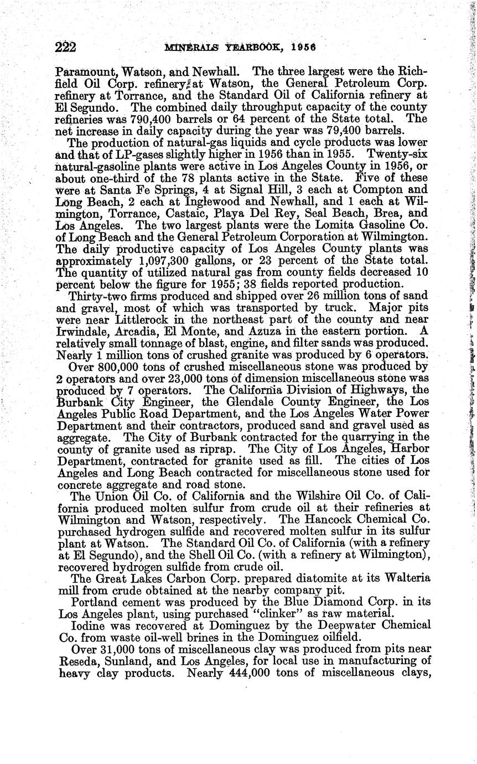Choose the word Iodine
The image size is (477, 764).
pyautogui.click(x=88, y=626)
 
